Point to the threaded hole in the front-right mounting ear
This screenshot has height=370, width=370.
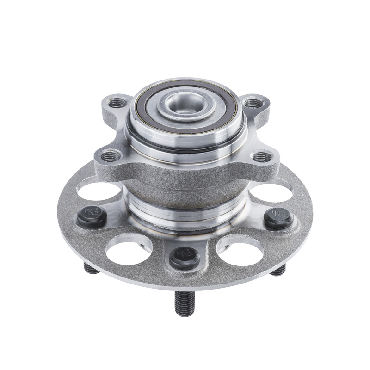pos(262,156)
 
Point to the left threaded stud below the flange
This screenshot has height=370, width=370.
pos(91,268)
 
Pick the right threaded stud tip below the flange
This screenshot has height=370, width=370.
pos(278,270)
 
